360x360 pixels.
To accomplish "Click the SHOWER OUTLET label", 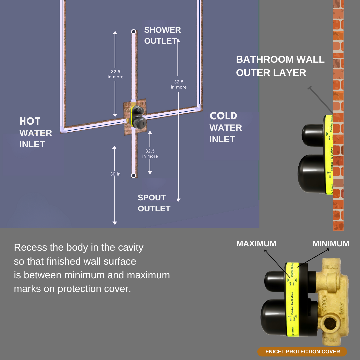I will pos(162,35).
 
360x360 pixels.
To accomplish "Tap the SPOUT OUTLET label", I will pos(154,203).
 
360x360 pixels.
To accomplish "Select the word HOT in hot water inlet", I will pos(30,121).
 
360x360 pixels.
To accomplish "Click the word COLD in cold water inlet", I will pos(223,116).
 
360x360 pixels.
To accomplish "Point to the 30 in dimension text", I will pos(115,174).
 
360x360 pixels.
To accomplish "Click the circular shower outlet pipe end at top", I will pos(133,32).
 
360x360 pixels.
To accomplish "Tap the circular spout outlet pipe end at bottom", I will pos(133,175).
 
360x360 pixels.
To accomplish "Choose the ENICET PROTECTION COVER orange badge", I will pos(302,352).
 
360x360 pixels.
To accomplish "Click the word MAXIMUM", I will pos(256,244).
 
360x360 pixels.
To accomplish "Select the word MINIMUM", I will pos(331,244).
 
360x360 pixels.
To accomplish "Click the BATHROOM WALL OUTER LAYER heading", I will pos(280,66).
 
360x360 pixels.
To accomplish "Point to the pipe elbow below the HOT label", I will pos(63,129).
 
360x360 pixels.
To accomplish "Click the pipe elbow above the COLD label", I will pos(199,107).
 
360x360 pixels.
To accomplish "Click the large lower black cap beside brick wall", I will pos(312,175).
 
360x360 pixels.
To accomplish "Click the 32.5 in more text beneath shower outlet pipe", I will pos(115,74).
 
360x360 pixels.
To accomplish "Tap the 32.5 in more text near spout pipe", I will pos(150,153).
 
